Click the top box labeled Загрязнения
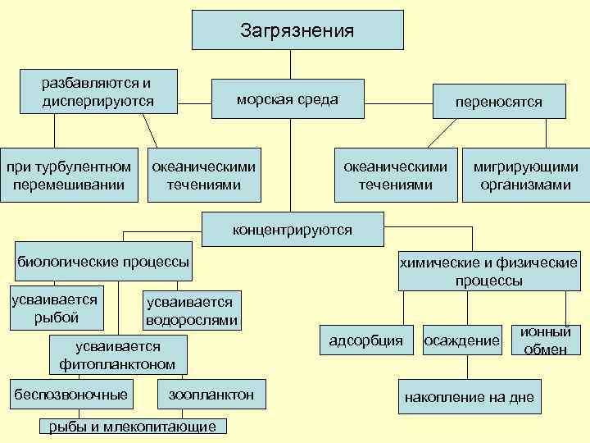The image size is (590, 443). click(x=297, y=30)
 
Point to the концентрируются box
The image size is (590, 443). click(x=292, y=230)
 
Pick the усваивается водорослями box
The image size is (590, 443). click(x=191, y=311)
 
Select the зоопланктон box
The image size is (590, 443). click(x=211, y=395)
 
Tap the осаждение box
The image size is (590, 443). click(x=461, y=340)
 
